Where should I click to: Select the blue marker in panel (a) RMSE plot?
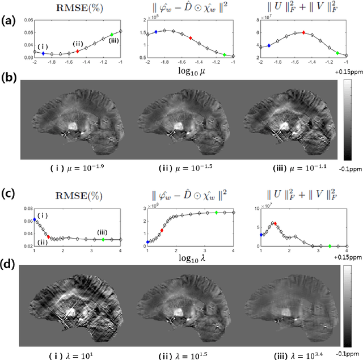click(x=43, y=53)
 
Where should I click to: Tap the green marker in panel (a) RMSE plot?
click(x=112, y=35)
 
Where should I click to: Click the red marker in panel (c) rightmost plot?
click(x=276, y=223)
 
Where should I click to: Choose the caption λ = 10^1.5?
click(x=181, y=354)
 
